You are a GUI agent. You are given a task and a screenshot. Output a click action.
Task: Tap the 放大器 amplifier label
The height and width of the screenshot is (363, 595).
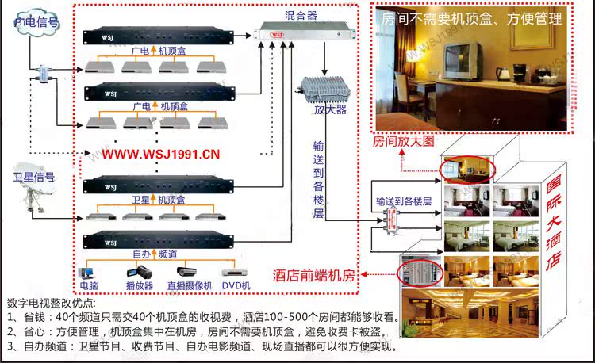330,109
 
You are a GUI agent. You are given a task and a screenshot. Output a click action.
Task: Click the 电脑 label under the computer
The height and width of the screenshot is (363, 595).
88,285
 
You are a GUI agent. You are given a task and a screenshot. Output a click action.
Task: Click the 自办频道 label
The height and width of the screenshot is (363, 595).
155,254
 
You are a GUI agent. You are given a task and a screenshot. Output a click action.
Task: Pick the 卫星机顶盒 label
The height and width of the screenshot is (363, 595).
159,200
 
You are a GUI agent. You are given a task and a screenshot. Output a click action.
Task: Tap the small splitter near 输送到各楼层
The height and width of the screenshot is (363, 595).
390,220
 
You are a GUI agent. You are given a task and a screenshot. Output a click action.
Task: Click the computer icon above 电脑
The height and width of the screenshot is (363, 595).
88,268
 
